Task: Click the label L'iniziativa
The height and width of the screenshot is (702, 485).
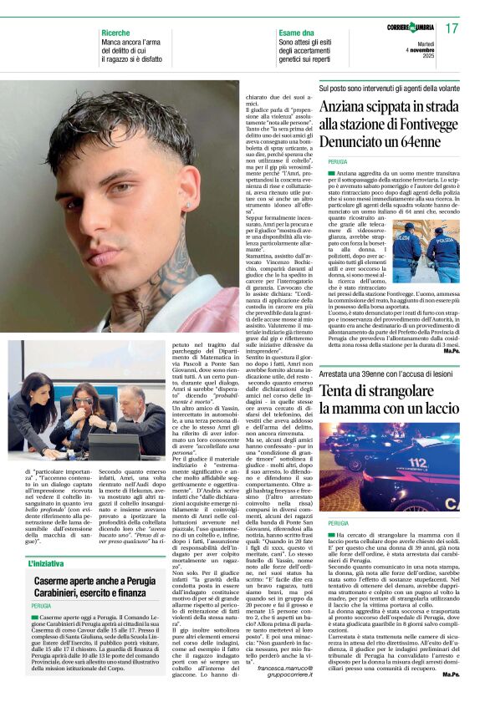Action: pos(42,540)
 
